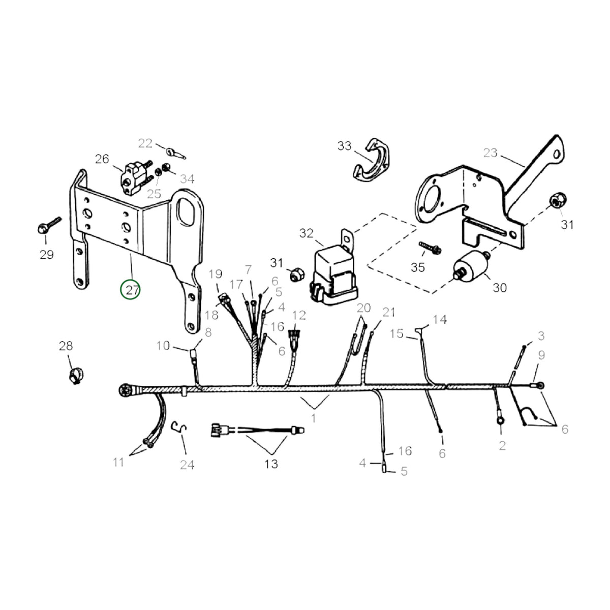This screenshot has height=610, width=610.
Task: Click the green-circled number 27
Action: tap(130, 290)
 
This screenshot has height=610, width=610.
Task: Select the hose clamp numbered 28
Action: tap(76, 376)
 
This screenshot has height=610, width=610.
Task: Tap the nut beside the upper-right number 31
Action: tap(558, 200)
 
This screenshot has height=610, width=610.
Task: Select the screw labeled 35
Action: tap(430, 248)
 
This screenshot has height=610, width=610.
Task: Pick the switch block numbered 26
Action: tap(136, 178)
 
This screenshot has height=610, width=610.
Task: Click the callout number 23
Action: tap(491, 153)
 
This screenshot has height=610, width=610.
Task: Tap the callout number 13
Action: tap(271, 464)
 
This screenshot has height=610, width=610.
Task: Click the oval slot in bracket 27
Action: tap(184, 211)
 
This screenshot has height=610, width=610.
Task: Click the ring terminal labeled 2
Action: tap(501, 421)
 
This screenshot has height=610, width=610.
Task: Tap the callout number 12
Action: tap(299, 315)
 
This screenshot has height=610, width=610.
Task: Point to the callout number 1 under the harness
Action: tap(314, 418)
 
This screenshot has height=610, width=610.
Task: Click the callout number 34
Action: tap(187, 179)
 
